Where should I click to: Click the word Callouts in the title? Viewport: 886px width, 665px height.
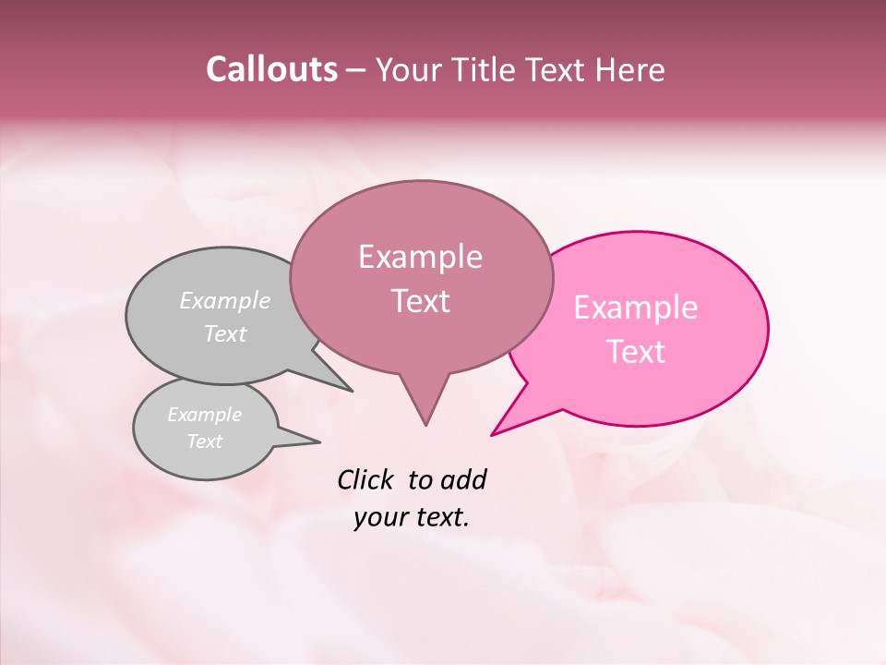[271, 69]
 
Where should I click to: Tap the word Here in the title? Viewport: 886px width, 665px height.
[629, 69]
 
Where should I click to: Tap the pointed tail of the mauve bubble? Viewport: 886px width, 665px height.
[425, 406]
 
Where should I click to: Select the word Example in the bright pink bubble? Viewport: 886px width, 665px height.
[636, 308]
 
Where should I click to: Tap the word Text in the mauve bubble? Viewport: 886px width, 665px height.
[421, 301]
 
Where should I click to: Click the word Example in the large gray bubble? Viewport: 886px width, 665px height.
[225, 301]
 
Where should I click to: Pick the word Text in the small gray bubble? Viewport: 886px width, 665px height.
[205, 441]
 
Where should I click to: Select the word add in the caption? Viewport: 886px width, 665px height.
[463, 479]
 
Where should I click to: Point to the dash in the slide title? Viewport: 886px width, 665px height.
[358, 69]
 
